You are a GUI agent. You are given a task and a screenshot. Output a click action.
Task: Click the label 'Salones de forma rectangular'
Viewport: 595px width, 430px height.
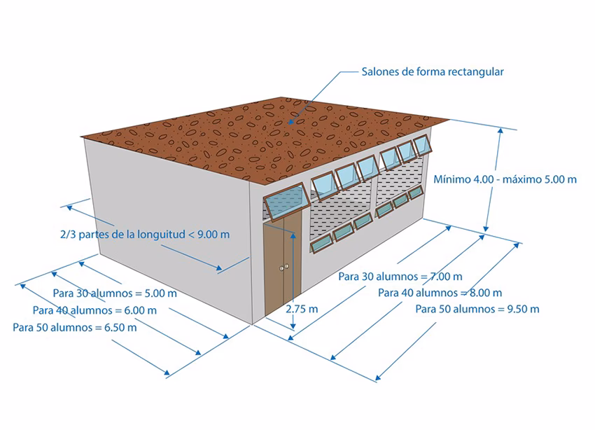(x=433, y=71)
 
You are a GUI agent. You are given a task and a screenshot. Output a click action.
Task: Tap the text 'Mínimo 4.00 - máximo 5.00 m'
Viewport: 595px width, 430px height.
(x=505, y=179)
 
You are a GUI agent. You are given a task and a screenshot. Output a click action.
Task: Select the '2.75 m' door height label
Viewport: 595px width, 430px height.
(x=303, y=309)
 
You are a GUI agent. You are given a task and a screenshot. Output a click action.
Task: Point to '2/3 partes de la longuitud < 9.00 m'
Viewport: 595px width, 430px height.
(x=145, y=234)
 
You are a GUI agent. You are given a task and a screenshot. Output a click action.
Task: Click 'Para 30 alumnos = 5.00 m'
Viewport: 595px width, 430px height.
(x=114, y=293)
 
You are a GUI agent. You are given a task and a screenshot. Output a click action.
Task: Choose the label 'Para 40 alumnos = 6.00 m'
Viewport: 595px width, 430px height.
(x=94, y=310)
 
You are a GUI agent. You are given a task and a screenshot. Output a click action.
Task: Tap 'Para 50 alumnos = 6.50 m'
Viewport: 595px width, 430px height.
(x=75, y=327)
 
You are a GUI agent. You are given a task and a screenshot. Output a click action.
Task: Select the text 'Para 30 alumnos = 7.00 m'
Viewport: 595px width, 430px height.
(x=400, y=276)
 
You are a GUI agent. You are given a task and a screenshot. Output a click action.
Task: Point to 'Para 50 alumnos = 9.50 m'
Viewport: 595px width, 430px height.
(x=477, y=309)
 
